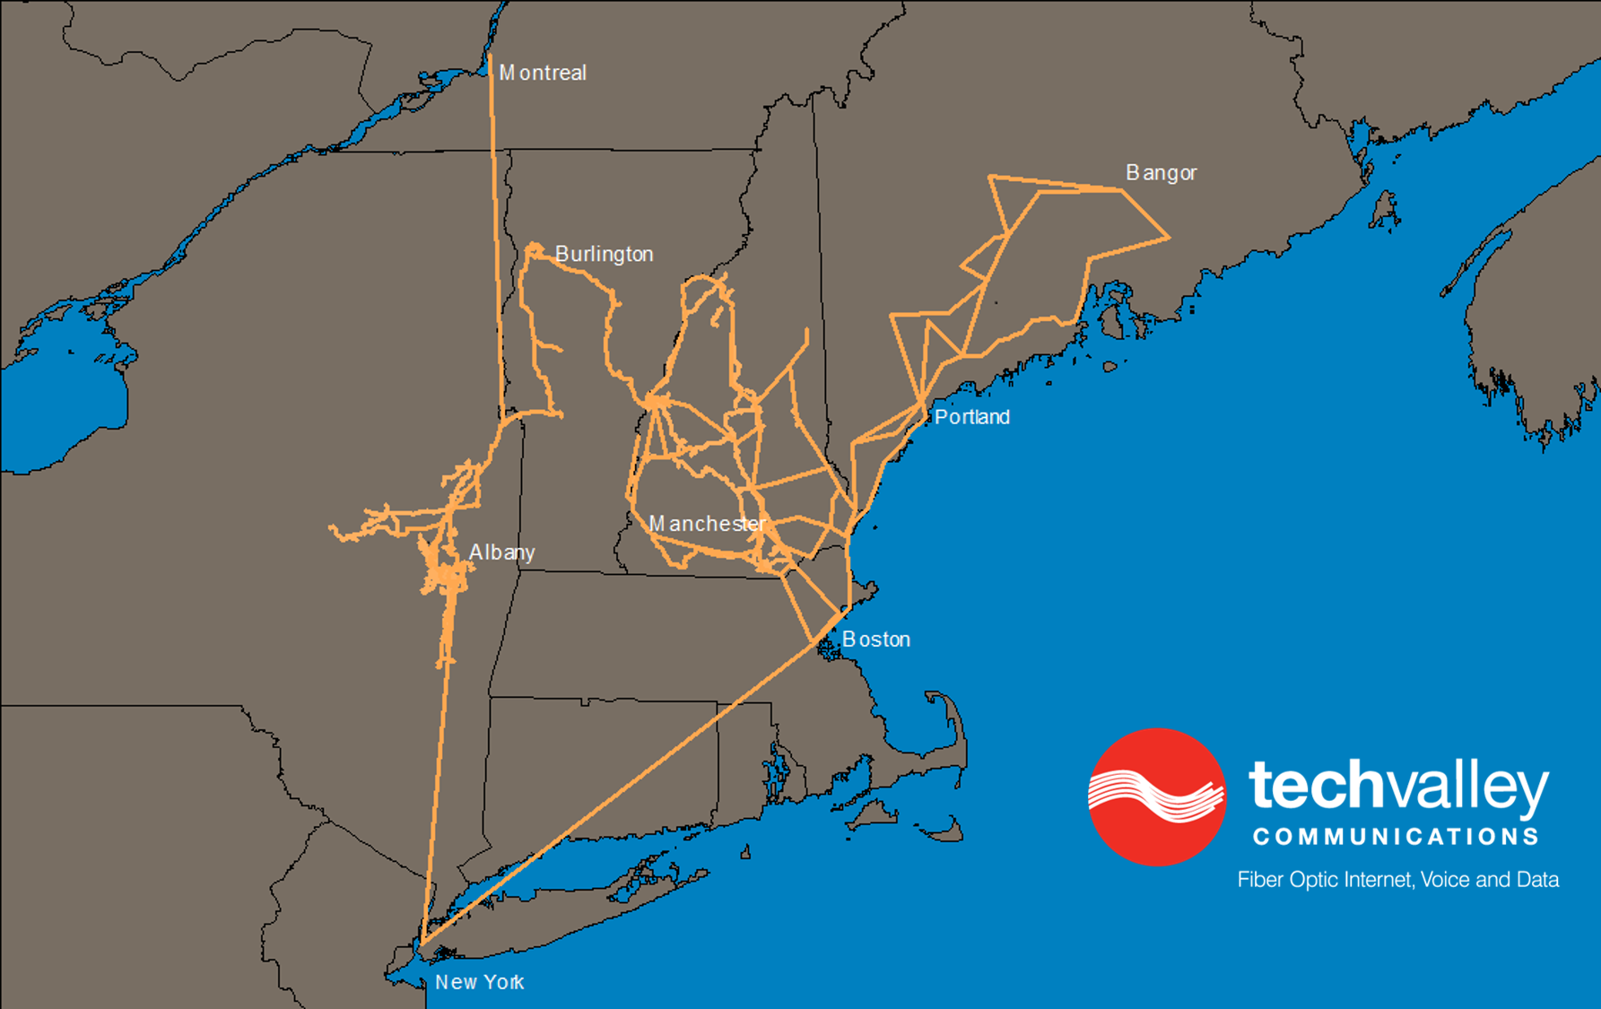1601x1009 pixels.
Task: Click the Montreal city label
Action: click(x=543, y=73)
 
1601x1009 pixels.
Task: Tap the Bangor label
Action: click(x=1161, y=172)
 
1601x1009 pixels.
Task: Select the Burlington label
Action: click(x=604, y=254)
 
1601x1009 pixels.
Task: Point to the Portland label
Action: click(x=971, y=417)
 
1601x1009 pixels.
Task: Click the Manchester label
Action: click(x=707, y=524)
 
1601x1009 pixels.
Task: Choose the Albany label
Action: click(x=501, y=552)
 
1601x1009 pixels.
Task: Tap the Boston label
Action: click(x=875, y=639)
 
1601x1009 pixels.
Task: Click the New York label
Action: click(x=479, y=982)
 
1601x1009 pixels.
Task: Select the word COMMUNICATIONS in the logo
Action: click(x=1396, y=837)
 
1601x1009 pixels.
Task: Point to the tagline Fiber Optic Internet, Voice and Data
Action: click(x=1397, y=880)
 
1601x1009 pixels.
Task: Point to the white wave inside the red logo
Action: click(x=1156, y=794)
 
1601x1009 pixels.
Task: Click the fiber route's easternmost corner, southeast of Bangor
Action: click(x=1168, y=238)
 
